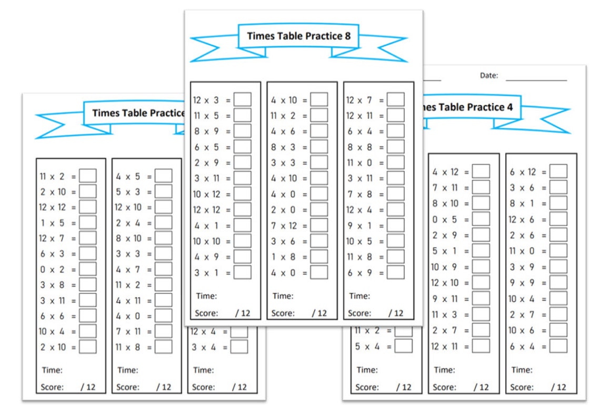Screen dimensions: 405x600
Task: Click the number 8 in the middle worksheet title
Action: pos(347,36)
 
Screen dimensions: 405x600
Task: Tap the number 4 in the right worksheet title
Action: pos(509,107)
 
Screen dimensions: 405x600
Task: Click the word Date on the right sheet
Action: pos(488,75)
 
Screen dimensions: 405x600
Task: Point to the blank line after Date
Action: pos(536,80)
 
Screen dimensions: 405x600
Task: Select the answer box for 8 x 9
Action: pos(243,131)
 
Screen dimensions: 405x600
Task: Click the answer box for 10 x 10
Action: pos(243,241)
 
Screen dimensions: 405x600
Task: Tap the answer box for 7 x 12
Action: pos(319,225)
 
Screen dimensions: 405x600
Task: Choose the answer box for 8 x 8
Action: pos(396,147)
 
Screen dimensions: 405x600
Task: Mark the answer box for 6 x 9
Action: pos(396,272)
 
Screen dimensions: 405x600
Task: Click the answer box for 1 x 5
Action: pos(88,223)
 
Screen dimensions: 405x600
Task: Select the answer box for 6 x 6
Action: pos(88,316)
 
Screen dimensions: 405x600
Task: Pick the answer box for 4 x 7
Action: pos(164,269)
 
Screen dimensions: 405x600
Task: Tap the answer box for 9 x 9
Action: pos(559,283)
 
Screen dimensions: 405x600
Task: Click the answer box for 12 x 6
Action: pos(559,219)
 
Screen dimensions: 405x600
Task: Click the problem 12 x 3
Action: pos(206,100)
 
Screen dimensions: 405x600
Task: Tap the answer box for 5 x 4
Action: pos(404,346)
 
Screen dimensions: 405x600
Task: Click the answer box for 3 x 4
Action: pos(239,347)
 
